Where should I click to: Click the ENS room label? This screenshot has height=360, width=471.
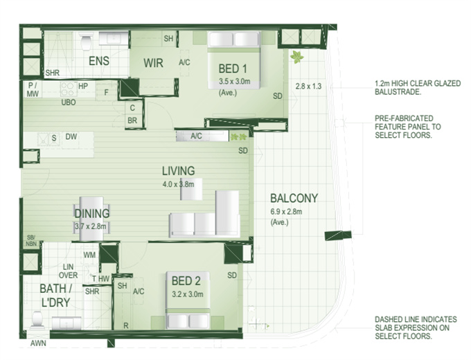[99, 61]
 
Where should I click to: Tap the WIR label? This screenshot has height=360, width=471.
[153, 63]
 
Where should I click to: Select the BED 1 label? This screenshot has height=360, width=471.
[233, 69]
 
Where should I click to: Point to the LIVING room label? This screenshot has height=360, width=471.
[179, 171]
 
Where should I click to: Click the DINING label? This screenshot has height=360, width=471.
[92, 213]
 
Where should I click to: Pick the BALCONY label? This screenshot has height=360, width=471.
[294, 198]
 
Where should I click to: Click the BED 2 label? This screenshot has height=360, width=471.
[186, 281]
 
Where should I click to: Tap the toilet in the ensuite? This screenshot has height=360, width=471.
[86, 43]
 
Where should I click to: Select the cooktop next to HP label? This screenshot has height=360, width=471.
[68, 89]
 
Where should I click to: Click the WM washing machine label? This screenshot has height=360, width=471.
[89, 255]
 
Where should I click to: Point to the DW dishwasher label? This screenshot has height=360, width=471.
[71, 136]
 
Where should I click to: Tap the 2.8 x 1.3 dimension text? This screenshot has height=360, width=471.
[308, 87]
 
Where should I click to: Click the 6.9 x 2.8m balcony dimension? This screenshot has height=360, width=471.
[286, 212]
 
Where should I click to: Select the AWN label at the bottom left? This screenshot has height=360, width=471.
[38, 343]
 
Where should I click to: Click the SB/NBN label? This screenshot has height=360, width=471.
[31, 240]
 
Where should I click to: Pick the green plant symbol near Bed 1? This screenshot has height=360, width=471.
[296, 57]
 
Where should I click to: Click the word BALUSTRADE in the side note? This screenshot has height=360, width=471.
[398, 92]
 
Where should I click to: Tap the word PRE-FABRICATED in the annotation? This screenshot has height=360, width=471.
[404, 118]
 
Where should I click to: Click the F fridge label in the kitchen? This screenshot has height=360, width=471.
[106, 93]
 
